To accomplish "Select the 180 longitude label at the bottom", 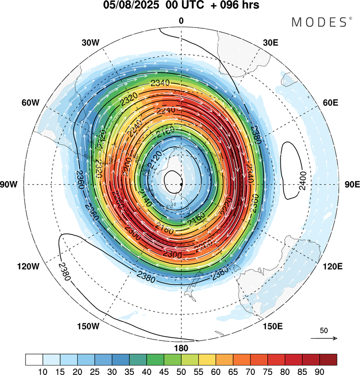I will [181, 348].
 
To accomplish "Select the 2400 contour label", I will [302, 185].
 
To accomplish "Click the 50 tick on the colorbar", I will [181, 370].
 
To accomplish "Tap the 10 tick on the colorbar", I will [43, 370].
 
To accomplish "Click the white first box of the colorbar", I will [34, 360].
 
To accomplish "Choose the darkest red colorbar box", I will [328, 360].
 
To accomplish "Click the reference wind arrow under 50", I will [324, 339].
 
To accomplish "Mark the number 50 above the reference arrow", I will [324, 330].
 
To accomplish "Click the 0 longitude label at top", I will [181, 21].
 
